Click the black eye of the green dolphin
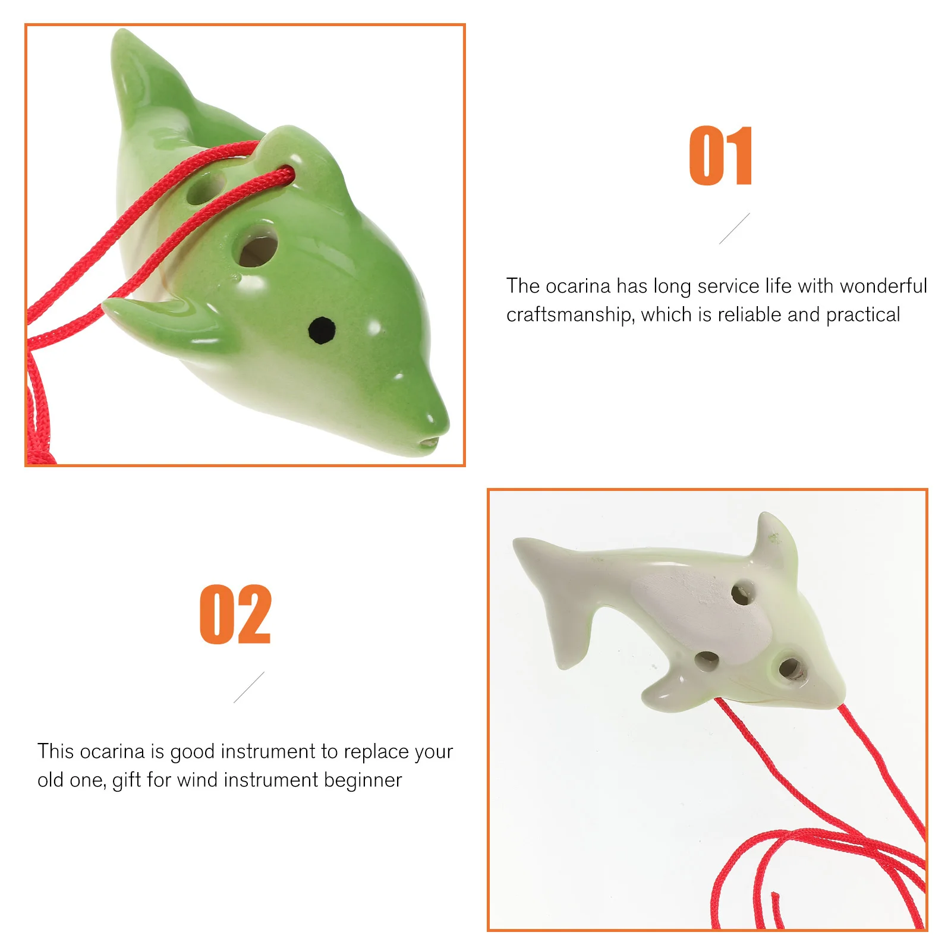tap(322, 330)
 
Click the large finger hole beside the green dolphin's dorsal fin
tap(257, 245)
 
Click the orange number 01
tap(720, 156)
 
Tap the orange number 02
tap(235, 615)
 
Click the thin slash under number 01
tap(735, 228)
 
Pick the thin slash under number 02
tap(249, 687)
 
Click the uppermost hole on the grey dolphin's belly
tap(742, 593)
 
